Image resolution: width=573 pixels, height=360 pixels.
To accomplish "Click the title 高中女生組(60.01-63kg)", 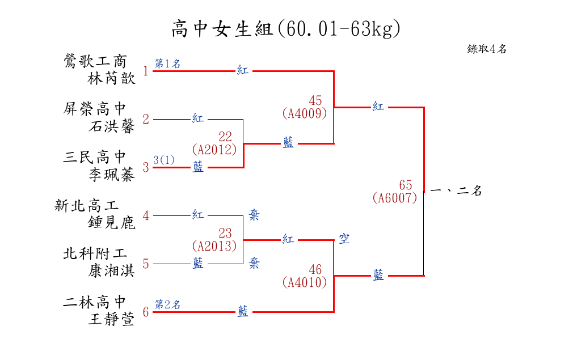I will pyautogui.click(x=286, y=28).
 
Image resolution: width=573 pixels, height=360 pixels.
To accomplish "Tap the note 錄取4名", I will pyautogui.click(x=487, y=49).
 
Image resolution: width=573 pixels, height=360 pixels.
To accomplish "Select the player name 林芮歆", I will pyautogui.click(x=112, y=78).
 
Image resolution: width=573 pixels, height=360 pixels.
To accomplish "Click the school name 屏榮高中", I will pyautogui.click(x=95, y=108).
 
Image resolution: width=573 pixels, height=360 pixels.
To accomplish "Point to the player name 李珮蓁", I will pyautogui.click(x=112, y=175).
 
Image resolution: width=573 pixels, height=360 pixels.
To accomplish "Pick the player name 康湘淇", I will pyautogui.click(x=112, y=271).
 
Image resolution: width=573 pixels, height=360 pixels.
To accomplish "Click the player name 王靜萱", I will pyautogui.click(x=112, y=319).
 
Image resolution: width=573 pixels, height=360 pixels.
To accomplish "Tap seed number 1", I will pyautogui.click(x=146, y=71).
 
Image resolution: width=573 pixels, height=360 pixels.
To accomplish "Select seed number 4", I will pyautogui.click(x=146, y=216).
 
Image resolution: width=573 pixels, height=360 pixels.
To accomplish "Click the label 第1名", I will pyautogui.click(x=168, y=63).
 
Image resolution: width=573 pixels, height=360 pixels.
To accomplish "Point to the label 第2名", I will pyautogui.click(x=168, y=304).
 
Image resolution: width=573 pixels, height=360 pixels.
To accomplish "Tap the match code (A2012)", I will pyautogui.click(x=214, y=150).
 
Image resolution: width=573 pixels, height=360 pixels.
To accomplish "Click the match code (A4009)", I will pyautogui.click(x=305, y=113).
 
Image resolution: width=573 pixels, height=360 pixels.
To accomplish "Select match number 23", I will pyautogui.click(x=225, y=233).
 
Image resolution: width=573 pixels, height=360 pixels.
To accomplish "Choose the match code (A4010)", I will pyautogui.click(x=305, y=281).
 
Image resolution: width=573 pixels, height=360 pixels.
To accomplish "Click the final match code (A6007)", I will pyautogui.click(x=395, y=198).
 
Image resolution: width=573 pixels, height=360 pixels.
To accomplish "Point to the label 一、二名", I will pyautogui.click(x=456, y=191).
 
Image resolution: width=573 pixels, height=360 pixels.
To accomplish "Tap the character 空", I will pyautogui.click(x=344, y=239).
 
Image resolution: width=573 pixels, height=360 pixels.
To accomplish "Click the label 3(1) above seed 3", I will pyautogui.click(x=164, y=160).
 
